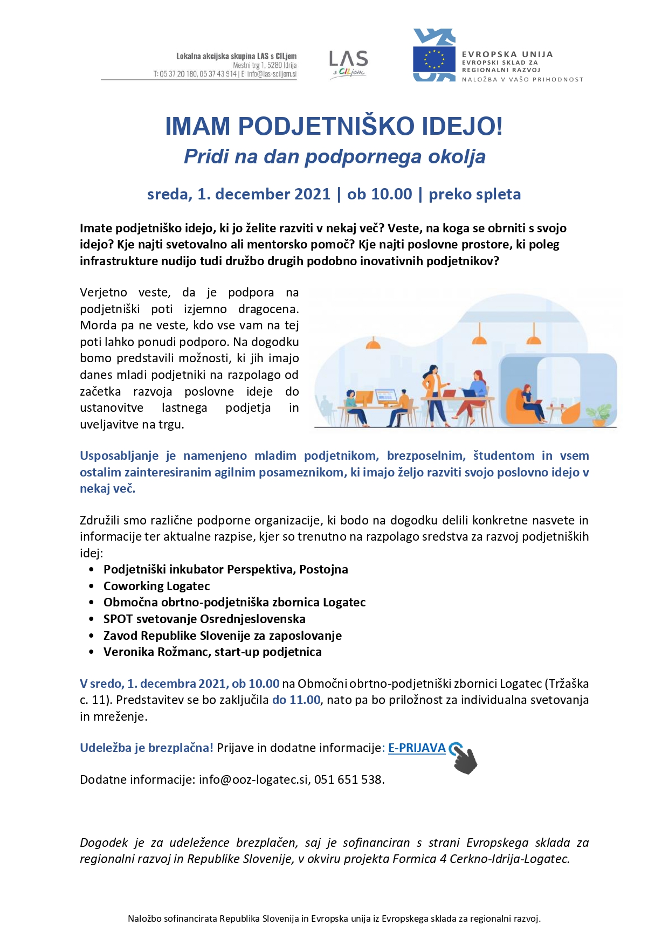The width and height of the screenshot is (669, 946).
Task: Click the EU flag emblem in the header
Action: (434, 59)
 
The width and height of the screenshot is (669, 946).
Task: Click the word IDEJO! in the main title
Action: (462, 126)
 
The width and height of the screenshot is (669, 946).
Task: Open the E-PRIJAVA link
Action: (417, 748)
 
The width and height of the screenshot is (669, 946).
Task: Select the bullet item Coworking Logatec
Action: (156, 586)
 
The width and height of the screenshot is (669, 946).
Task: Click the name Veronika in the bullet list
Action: (128, 652)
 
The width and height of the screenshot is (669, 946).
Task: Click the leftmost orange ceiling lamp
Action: (373, 343)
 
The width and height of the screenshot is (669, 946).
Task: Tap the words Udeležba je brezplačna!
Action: (146, 748)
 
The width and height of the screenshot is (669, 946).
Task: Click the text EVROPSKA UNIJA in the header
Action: (507, 54)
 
